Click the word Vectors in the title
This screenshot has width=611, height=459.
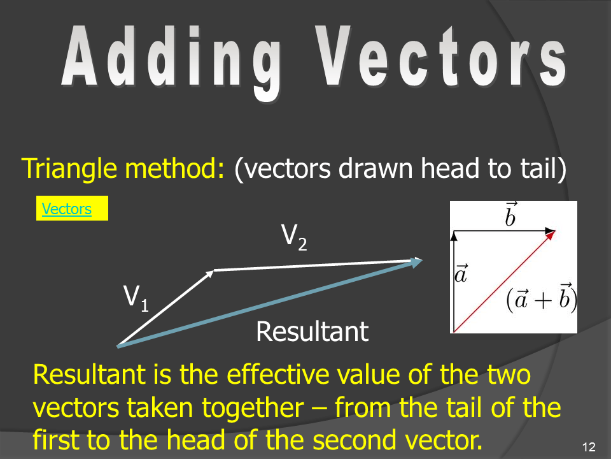[x=441, y=57]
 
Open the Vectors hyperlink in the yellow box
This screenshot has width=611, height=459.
[x=67, y=209]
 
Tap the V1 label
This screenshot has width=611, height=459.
[x=136, y=298]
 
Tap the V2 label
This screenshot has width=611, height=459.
[x=294, y=237]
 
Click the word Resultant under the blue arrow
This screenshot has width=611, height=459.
[x=312, y=331]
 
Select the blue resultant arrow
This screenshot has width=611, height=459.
[x=270, y=302]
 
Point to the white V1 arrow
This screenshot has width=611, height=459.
[x=165, y=308]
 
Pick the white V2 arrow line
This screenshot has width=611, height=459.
[x=318, y=265]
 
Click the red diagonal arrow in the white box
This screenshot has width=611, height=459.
[x=505, y=281]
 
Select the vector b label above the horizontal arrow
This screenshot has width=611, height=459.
[x=510, y=214]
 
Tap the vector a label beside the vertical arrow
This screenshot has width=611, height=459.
[x=461, y=273]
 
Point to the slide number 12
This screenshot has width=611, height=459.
[x=589, y=447]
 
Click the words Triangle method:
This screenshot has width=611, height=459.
[x=123, y=168]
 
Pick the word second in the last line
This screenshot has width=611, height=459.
[x=355, y=440]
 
